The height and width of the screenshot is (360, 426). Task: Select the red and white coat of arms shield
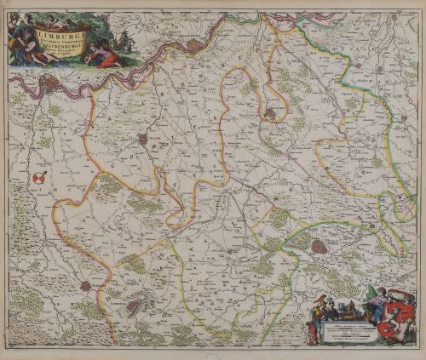[x=39, y=178]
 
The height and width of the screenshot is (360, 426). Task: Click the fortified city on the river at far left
[x=51, y=83]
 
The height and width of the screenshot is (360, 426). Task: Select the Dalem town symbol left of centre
[x=143, y=140]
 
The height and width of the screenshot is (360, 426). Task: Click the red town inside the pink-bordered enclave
[x=271, y=111]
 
